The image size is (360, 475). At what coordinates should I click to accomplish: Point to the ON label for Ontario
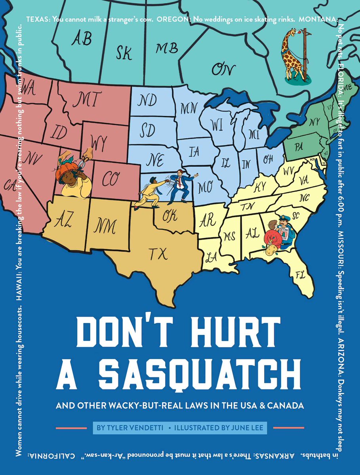click(223, 69)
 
